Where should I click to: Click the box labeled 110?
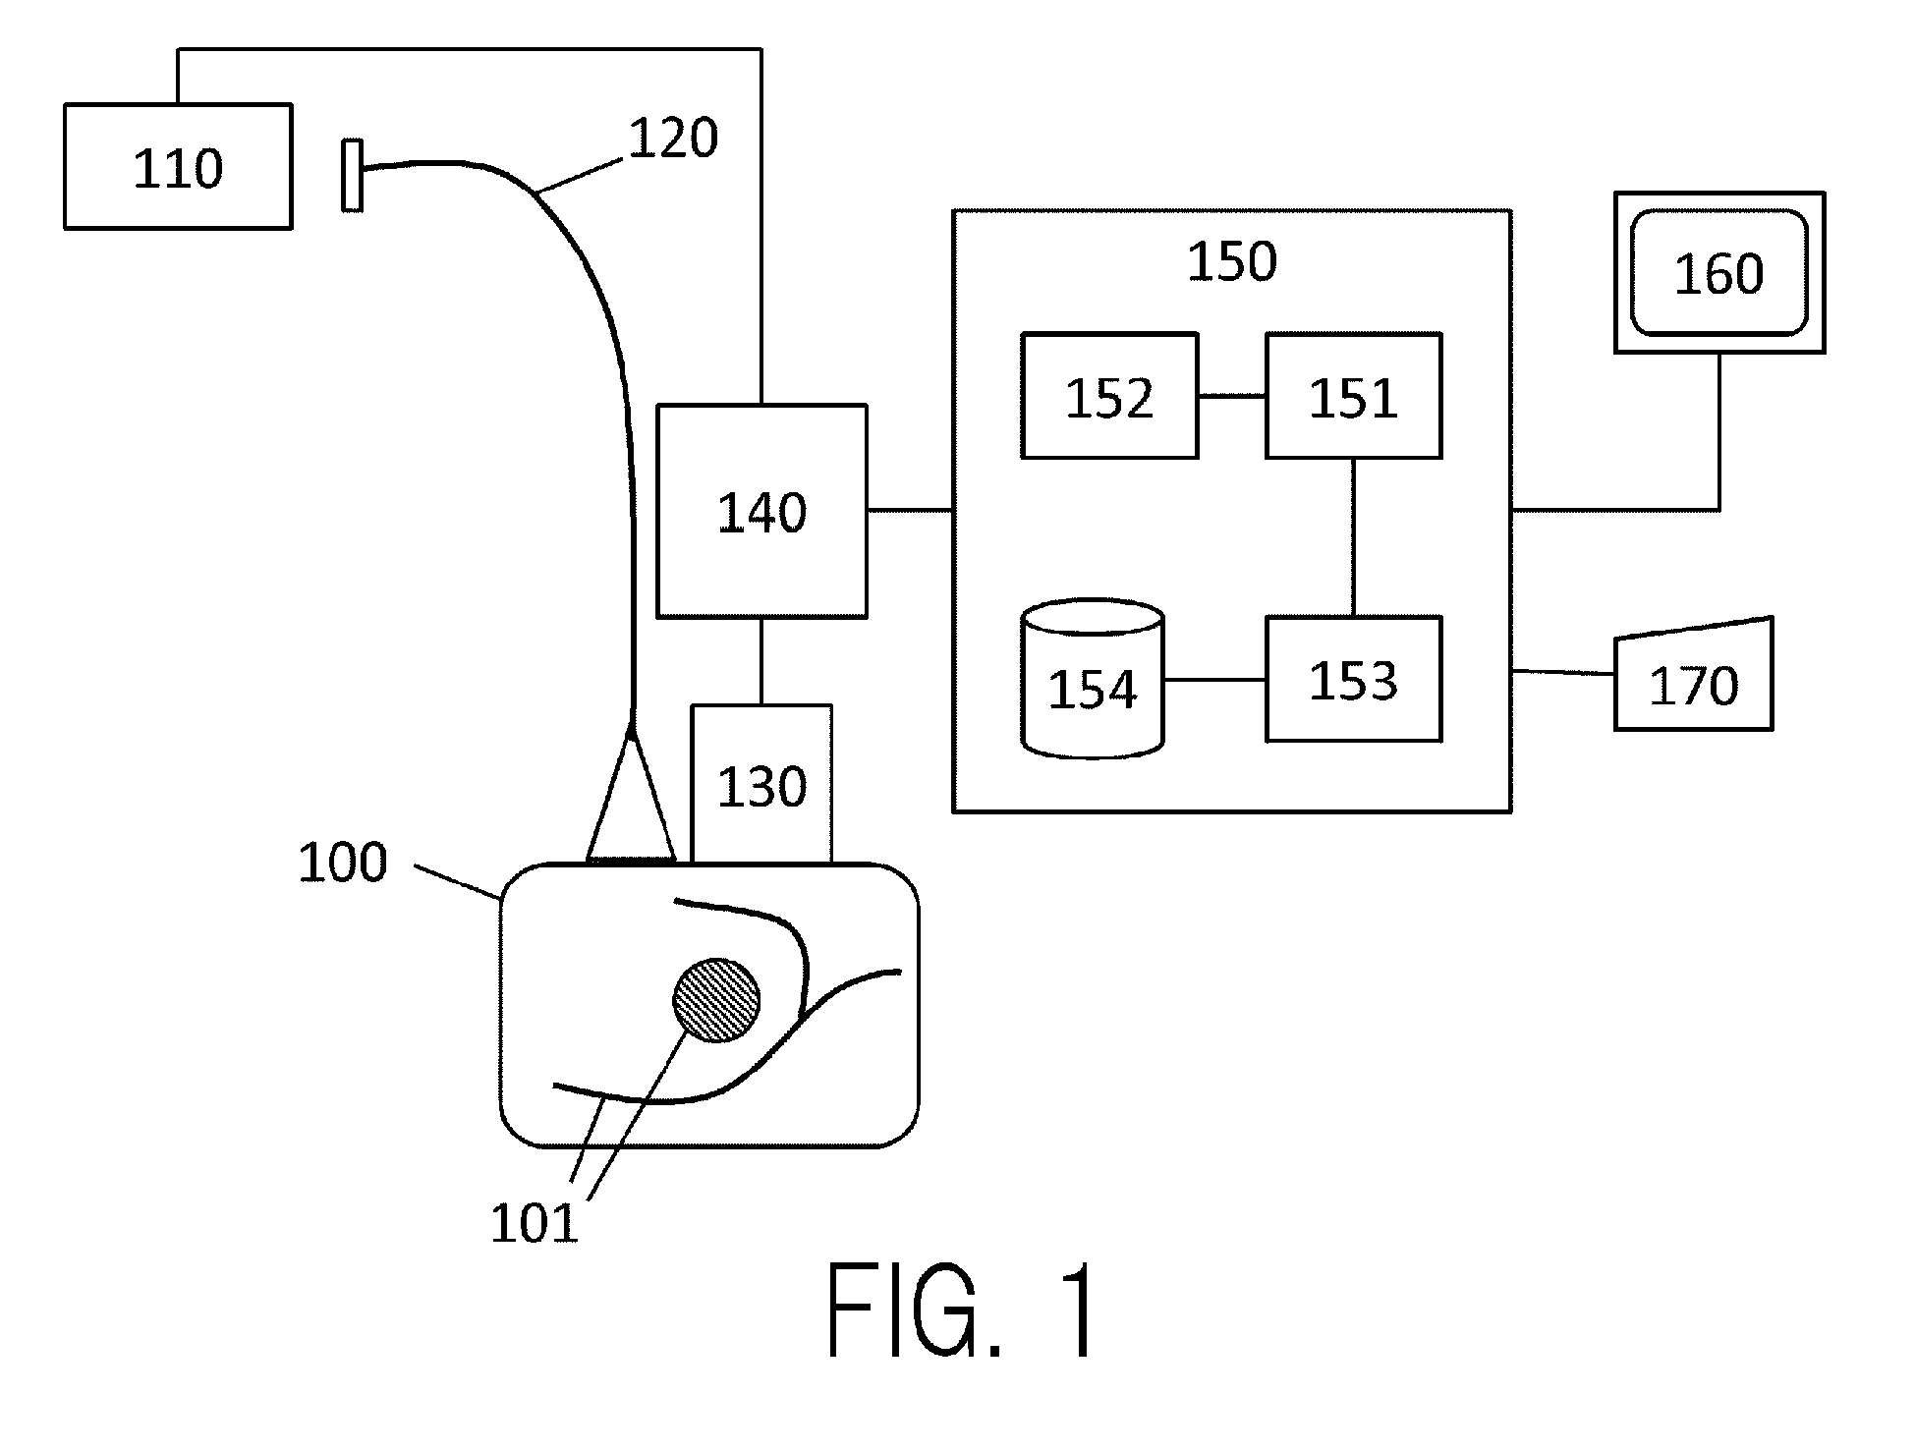[x=178, y=166]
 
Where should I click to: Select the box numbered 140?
[x=761, y=511]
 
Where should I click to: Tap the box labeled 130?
[x=761, y=784]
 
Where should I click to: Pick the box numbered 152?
[x=1109, y=396]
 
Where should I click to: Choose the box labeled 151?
[x=1354, y=396]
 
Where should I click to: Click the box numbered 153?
[x=1354, y=679]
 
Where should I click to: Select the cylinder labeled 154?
[x=1093, y=679]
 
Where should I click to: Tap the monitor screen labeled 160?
[x=1719, y=272]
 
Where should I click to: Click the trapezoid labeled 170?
[x=1694, y=675]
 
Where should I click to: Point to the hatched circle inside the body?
[x=716, y=1000]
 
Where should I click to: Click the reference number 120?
[x=673, y=138]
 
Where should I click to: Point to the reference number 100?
[x=343, y=863]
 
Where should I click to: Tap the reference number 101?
[x=535, y=1223]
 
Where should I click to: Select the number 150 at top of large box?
[x=1232, y=261]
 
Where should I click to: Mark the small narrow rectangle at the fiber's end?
[x=352, y=175]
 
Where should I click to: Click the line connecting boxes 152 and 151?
[x=1232, y=396]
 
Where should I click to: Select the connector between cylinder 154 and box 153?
[x=1215, y=679]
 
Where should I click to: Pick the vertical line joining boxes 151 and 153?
[x=1354, y=537]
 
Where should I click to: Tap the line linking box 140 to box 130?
[x=761, y=661]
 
